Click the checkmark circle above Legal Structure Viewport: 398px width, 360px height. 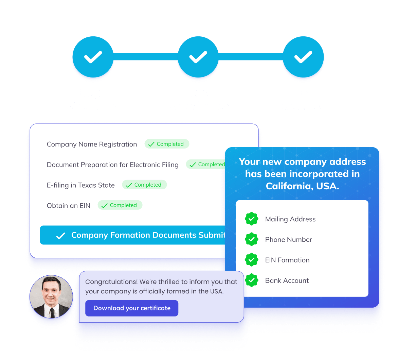(x=93, y=57)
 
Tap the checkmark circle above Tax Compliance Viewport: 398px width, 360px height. (x=198, y=57)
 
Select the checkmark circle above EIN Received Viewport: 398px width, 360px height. (x=303, y=57)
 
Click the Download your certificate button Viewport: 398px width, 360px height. (x=132, y=308)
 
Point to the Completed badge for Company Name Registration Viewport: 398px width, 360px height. (x=167, y=144)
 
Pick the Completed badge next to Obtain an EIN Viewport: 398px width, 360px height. (x=120, y=205)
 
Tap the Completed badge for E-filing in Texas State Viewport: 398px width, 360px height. (x=144, y=185)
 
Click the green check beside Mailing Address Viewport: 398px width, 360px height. (x=251, y=219)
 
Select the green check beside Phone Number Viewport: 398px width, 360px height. (x=251, y=239)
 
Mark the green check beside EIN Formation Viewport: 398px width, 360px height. (x=251, y=260)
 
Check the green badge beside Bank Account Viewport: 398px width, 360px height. (x=251, y=280)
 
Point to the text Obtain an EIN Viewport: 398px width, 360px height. (x=69, y=206)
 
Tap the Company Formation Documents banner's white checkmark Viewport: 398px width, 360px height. (x=60, y=236)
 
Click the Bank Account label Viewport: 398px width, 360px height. (x=287, y=280)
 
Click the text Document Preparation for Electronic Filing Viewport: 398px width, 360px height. (x=112, y=165)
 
